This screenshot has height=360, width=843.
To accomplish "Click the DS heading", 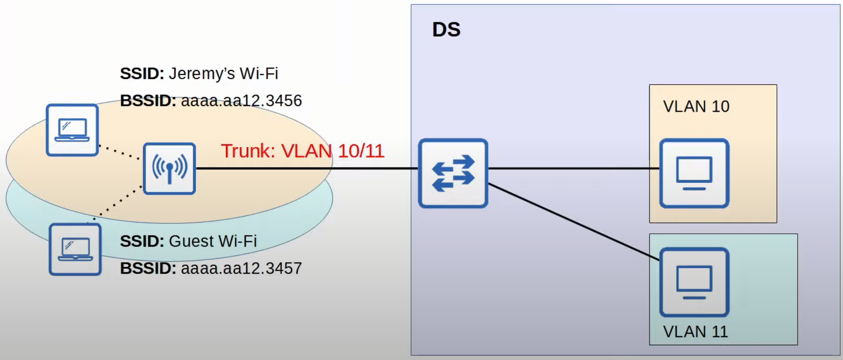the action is (446, 30).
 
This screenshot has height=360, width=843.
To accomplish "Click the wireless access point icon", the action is (169, 169).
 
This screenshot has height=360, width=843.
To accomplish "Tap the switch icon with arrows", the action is (453, 173).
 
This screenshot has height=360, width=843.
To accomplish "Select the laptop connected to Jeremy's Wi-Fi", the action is (72, 130).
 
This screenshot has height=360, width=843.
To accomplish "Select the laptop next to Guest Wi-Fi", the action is (75, 249).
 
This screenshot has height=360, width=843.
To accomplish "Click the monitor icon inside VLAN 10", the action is (694, 173).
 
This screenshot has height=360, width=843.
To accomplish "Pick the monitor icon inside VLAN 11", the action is (694, 282).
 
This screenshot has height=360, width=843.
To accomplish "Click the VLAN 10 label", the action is (696, 106).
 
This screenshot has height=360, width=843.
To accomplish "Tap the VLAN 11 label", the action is (695, 332).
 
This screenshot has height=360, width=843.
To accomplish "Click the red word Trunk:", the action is (248, 151).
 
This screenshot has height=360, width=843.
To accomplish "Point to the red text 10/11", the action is (361, 151).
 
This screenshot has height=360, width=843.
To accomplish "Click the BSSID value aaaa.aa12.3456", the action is (241, 101).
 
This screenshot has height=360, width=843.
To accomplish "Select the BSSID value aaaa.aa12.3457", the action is (241, 268).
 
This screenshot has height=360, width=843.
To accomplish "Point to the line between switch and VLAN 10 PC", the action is (573, 168).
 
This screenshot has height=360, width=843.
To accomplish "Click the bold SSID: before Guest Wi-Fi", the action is (142, 241).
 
